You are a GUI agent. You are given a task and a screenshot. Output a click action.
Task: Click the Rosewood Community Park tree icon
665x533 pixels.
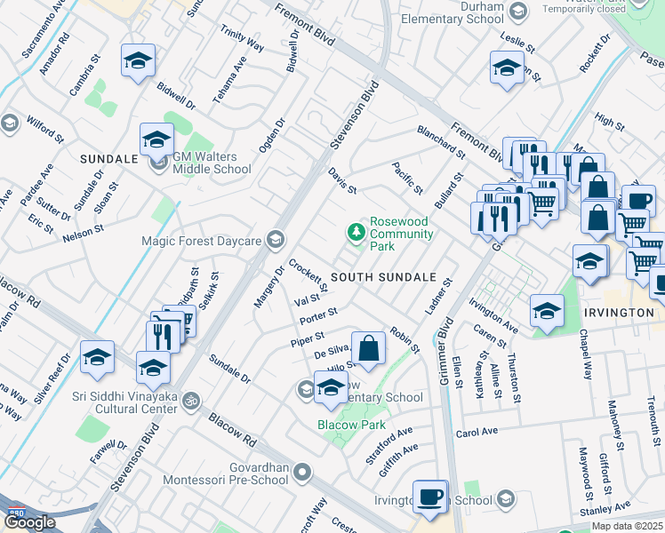tap(356, 232)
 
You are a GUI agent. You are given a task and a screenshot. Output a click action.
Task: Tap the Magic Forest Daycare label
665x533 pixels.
tap(201, 241)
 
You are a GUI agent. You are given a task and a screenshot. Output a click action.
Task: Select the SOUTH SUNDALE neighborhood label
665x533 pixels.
tap(382, 278)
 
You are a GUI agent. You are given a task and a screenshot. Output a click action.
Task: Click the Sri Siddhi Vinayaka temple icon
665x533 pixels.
tap(188, 402)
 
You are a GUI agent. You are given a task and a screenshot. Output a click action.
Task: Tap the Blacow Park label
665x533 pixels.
tap(350, 426)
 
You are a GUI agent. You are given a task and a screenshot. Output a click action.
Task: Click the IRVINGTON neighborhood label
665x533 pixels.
tap(620, 313)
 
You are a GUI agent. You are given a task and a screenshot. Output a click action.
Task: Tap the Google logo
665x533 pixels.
tap(29, 522)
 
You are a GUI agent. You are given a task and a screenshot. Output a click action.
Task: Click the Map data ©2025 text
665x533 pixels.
tap(627, 526)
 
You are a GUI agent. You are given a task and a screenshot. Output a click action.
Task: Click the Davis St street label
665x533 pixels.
tap(341, 180)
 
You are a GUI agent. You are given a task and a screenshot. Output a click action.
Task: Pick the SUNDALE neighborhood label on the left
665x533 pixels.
tap(108, 159)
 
